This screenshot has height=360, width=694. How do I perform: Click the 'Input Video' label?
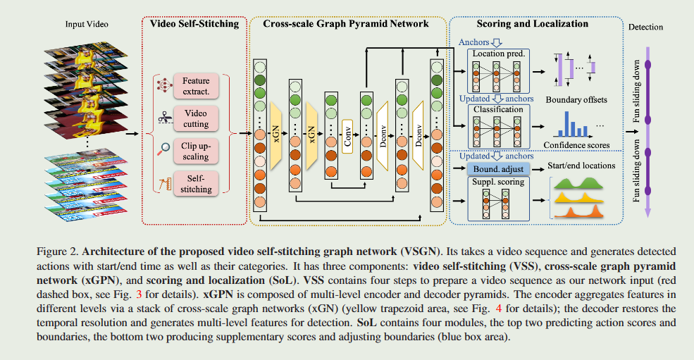coord(87,25)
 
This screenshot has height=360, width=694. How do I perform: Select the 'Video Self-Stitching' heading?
coord(194,24)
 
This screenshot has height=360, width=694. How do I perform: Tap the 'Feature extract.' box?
coord(196,87)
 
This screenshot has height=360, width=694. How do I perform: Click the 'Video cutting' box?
coord(196,118)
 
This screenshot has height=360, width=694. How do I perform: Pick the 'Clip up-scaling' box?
coord(196,150)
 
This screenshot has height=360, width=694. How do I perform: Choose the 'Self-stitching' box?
coord(196,183)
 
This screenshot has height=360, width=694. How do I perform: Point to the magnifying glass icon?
coord(163,149)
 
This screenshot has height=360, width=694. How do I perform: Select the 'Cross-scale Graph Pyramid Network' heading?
coord(345,24)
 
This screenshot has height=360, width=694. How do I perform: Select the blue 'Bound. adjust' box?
coord(498,168)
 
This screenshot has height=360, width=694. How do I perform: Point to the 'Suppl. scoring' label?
coord(498,182)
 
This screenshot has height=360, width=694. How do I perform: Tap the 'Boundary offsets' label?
coord(576,100)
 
